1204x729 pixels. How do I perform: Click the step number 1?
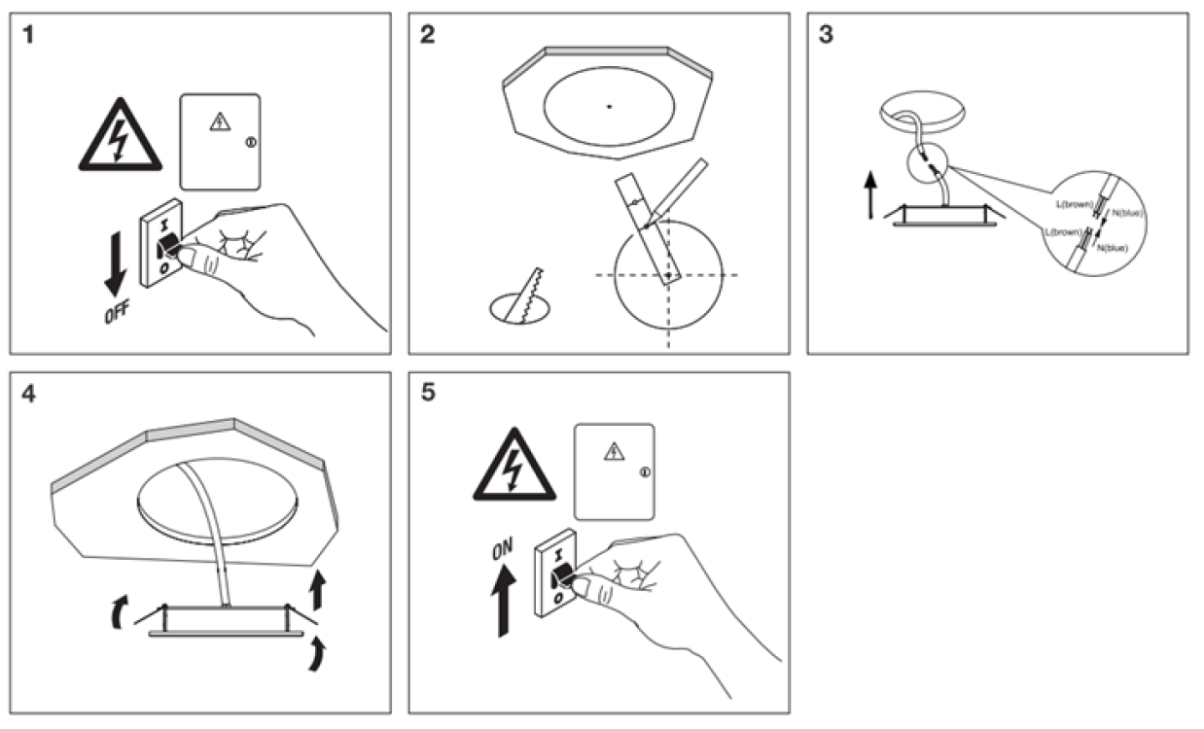click(x=31, y=35)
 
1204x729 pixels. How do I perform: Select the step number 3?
click(x=827, y=35)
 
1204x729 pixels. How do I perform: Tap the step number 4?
click(x=31, y=395)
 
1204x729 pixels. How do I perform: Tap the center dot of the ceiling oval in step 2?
click(x=609, y=106)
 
